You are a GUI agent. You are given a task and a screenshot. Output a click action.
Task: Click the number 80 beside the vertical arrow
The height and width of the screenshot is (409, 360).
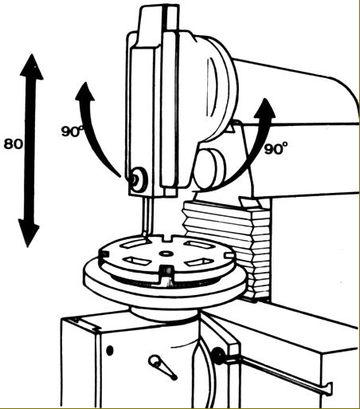[x=13, y=144]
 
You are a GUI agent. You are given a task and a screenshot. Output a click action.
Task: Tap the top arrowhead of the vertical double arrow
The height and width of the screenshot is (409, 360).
[x=32, y=67]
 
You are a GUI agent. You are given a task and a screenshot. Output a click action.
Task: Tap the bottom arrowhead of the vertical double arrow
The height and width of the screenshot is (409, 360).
[x=29, y=233]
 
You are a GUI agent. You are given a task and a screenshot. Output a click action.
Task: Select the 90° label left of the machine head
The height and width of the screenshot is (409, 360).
[x=72, y=131]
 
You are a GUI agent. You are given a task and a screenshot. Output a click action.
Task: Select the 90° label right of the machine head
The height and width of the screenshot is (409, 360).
[x=276, y=148]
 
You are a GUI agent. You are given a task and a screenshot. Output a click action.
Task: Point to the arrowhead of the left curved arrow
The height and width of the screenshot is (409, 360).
[x=85, y=92]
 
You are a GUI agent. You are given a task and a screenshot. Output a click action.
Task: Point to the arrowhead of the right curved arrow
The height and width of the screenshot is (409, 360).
[x=264, y=108]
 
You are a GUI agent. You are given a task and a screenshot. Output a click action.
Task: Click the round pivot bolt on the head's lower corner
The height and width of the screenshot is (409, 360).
[x=138, y=180]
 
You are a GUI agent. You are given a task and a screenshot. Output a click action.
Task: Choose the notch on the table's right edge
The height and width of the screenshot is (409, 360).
[x=229, y=255]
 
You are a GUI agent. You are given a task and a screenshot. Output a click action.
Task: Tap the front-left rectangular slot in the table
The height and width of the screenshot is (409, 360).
[x=138, y=261]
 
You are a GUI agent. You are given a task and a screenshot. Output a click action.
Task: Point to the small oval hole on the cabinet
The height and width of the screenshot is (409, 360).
[x=110, y=350]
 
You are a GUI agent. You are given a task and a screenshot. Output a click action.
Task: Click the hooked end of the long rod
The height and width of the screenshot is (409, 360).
[x=329, y=389]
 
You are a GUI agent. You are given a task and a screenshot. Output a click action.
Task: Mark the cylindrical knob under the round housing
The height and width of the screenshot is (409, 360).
[x=209, y=169]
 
